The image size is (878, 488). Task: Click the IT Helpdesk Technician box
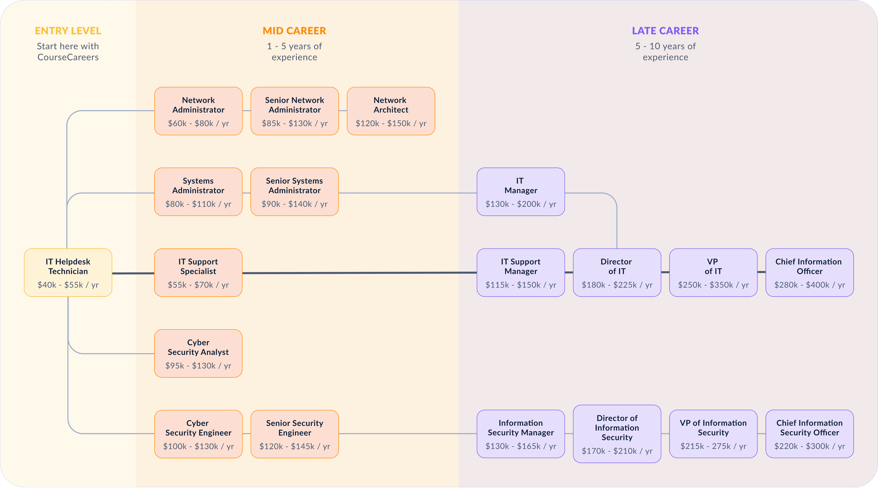pos(68,273)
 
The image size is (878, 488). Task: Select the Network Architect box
pos(391,111)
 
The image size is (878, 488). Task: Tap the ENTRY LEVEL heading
pos(68,31)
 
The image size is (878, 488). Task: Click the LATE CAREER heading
pos(665,31)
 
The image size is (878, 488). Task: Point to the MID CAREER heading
pos(294,31)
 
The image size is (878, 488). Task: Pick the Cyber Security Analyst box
pos(198,353)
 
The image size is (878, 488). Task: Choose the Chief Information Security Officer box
pos(809,434)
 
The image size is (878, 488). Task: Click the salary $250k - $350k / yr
pos(713,285)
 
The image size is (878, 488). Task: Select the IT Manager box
pos(520,192)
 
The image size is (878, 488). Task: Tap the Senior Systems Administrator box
pos(294,192)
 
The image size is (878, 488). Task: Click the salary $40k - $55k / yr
pos(68,285)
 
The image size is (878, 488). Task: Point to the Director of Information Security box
pos(617,434)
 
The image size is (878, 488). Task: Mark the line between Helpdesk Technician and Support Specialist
pos(133,273)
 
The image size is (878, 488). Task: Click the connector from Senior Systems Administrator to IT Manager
pos(407,193)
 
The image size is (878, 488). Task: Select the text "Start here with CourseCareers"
pos(68,52)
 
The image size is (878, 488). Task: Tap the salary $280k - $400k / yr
pos(809,285)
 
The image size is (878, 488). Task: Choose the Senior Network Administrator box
pos(294,111)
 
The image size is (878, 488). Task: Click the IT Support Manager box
pos(520,273)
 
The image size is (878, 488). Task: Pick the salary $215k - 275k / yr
pos(713,446)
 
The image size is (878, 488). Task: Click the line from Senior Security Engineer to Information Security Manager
pos(407,434)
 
